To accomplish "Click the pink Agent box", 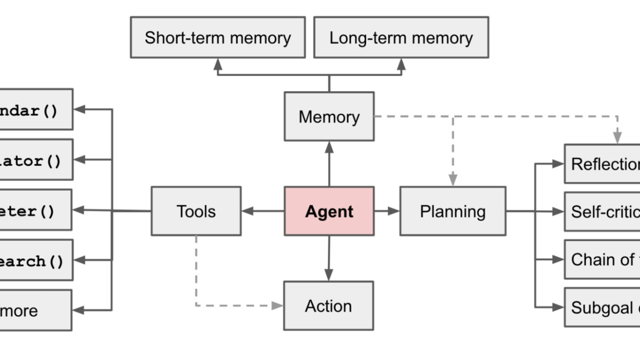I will click(x=329, y=211).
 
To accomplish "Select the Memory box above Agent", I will click(x=329, y=117).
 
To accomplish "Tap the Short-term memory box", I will click(x=218, y=37).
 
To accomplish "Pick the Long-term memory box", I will click(x=401, y=37).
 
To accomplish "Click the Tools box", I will click(x=196, y=211).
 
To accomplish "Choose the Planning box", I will click(x=452, y=211).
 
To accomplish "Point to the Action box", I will click(x=328, y=306).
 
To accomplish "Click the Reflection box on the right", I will click(x=603, y=164).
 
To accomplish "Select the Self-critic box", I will click(x=603, y=212).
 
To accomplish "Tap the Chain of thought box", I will click(x=603, y=259).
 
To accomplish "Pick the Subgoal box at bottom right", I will click(x=603, y=307).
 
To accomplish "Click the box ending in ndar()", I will click(x=35, y=109).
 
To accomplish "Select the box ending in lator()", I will click(x=35, y=160).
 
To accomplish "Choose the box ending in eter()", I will click(x=35, y=210).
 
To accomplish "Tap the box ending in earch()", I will click(x=35, y=260).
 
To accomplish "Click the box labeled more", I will click(x=35, y=310).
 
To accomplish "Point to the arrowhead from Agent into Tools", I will click(x=247, y=211).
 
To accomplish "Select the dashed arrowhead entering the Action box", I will click(x=277, y=306).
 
